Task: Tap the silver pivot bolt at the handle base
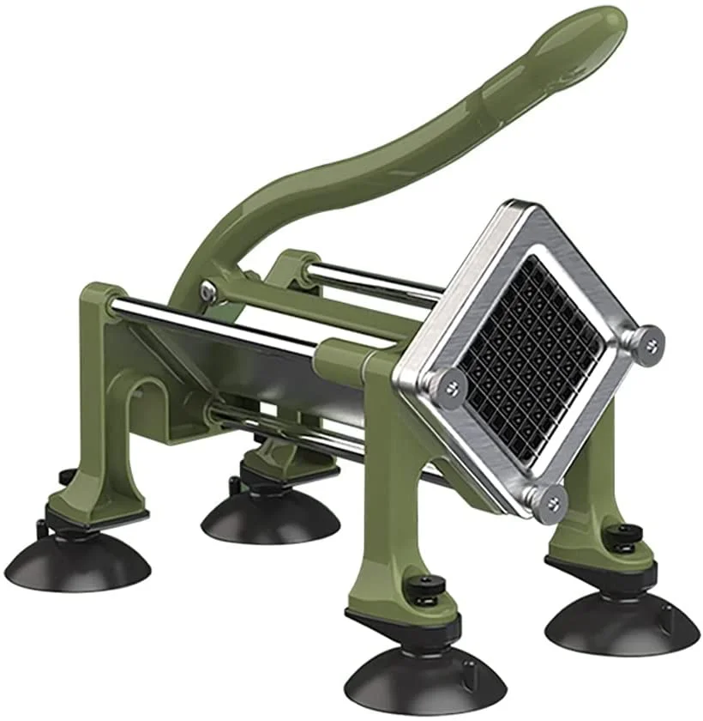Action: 208,291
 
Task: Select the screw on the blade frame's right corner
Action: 649,343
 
